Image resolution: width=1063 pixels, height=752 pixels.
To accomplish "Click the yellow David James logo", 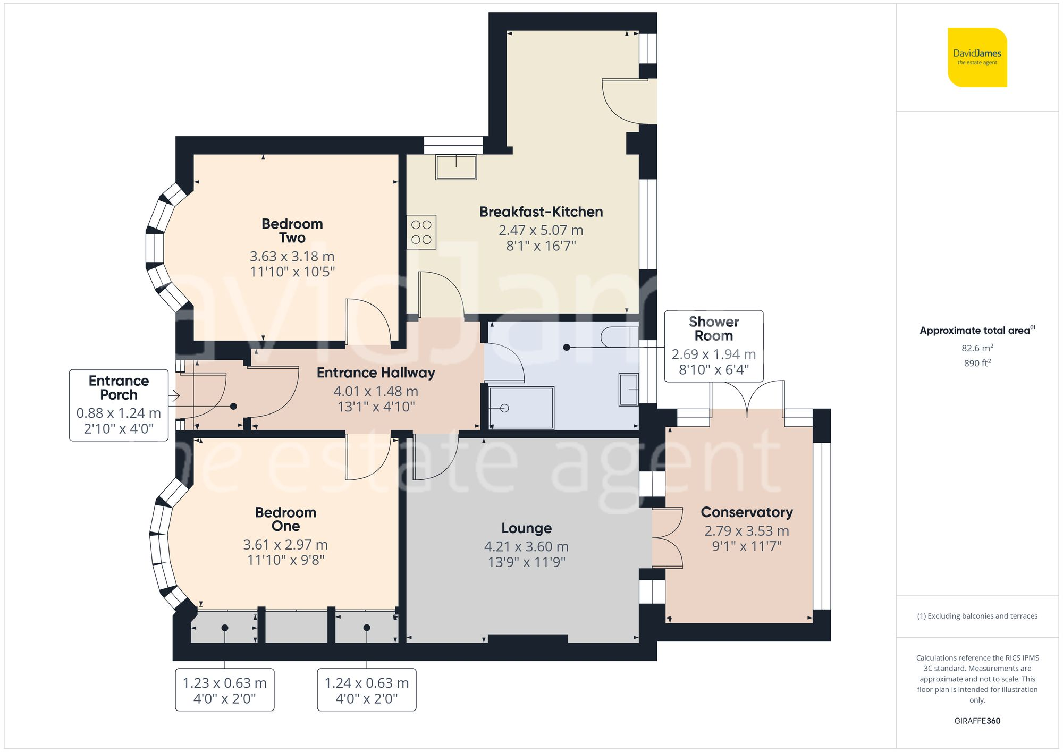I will pos(977,57).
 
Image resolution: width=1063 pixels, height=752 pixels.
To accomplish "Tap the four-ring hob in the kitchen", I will pos(421,232).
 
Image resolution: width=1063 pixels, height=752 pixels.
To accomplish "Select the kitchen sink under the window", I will pos(456,167).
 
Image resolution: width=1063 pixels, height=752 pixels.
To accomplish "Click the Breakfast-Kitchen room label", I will pos(541,212).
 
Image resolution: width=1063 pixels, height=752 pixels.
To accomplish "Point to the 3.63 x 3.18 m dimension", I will pos(292,256).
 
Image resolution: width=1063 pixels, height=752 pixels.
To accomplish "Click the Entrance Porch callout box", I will pos(119,405).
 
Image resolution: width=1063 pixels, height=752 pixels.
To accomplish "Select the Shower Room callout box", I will pos(713,346).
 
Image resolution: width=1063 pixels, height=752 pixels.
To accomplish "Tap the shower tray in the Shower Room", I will pos(521,408).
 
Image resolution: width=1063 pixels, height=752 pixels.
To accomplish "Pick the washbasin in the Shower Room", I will pos(628,390).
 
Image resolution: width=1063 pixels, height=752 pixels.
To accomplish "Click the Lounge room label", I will pos(526,528).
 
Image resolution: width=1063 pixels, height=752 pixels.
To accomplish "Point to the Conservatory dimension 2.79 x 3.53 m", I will pos(746,531).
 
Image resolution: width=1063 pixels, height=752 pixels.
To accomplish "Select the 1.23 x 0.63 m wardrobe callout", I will pos(224,690).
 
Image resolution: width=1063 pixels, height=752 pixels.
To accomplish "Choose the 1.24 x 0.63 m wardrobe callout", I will pos(366,690).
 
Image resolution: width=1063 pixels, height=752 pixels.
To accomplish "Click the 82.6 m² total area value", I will pos(977,348).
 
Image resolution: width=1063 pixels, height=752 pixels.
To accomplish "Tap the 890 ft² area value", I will pos(977,363).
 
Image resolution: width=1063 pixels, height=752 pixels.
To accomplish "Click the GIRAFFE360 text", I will pos(977,721).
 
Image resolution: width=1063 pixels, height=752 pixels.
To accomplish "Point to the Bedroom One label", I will pos(285,519).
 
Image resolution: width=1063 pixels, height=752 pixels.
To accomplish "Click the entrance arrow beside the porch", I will pos(174,396).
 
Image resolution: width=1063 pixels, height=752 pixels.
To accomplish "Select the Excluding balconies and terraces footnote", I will pos(977,616).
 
